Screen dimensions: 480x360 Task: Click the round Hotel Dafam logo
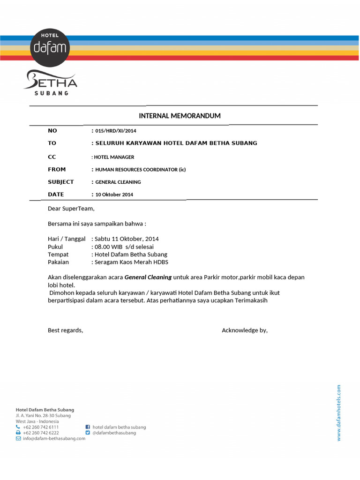coord(51,46)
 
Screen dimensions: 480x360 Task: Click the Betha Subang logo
coord(51,83)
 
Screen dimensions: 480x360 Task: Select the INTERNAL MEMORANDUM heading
coord(180,116)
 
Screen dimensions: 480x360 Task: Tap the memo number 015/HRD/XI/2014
coord(116,131)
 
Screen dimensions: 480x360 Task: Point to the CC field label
coord(52,157)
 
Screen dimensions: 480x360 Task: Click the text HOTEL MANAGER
coord(114,157)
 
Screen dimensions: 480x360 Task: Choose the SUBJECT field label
coord(61,182)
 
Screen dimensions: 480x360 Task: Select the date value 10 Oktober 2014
coord(114,195)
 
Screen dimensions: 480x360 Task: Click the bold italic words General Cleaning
coord(148,277)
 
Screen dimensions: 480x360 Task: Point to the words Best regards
coord(65,330)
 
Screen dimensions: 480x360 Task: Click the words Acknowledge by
coord(244,330)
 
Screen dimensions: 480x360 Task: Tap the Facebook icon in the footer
coord(88,427)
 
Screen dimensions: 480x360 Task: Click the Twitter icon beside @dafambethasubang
coord(88,433)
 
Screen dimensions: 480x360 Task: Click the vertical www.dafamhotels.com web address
coord(339,412)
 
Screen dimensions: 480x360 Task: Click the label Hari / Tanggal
coord(67,239)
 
